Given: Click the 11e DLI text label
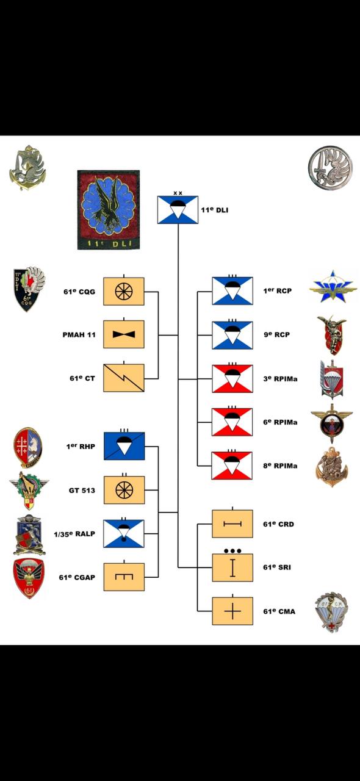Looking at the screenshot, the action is click(x=215, y=210).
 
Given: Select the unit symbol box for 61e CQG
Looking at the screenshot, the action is click(x=124, y=291).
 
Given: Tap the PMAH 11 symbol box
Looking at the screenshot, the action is click(x=124, y=334).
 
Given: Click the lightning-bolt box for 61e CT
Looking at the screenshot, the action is click(x=124, y=378).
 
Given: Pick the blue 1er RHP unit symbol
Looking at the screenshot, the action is click(x=124, y=446).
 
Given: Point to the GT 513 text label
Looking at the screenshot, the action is click(x=82, y=490).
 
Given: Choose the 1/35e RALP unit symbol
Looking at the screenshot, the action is click(x=124, y=533).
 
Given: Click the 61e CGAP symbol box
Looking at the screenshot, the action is click(x=124, y=577).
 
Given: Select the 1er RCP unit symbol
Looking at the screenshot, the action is click(x=232, y=291).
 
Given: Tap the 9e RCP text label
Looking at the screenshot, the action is click(x=277, y=334).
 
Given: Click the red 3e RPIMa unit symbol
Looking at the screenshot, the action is click(x=232, y=379).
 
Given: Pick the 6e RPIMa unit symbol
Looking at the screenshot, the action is click(x=232, y=422).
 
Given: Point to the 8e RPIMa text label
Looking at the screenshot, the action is click(x=281, y=466).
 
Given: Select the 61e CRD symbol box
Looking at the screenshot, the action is click(x=232, y=524).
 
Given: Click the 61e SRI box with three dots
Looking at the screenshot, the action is click(x=232, y=567).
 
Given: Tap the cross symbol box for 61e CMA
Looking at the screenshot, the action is click(x=232, y=611).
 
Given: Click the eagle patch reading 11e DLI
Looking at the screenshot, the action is click(x=109, y=209).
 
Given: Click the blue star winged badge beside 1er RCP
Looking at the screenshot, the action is click(x=333, y=286).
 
